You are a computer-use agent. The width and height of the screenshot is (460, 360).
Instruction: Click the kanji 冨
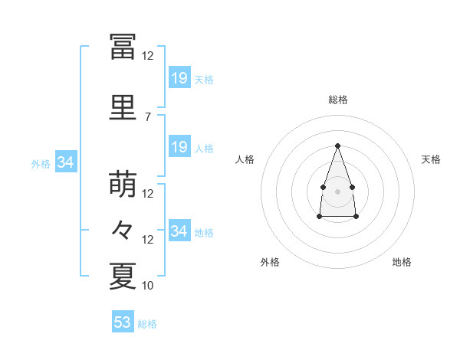pyautogui.click(x=123, y=47)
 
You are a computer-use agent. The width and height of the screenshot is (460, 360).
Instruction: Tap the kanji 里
pyautogui.click(x=123, y=107)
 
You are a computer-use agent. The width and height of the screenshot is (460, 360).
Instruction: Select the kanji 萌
pyautogui.click(x=123, y=184)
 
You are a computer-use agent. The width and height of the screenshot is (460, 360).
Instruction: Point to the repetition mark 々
pyautogui.click(x=122, y=230)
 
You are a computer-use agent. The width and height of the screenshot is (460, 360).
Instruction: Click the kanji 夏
pyautogui.click(x=123, y=277)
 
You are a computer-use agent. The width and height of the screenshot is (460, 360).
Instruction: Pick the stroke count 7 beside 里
pyautogui.click(x=148, y=117)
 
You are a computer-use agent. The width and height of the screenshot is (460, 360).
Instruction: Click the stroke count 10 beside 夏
pyautogui.click(x=147, y=285)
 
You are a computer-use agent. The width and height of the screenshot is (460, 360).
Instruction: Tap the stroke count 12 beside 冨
pyautogui.click(x=147, y=56)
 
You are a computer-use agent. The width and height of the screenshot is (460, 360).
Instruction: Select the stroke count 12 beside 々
pyautogui.click(x=147, y=240)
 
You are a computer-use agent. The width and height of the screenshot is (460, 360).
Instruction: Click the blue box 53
pyautogui.click(x=123, y=321)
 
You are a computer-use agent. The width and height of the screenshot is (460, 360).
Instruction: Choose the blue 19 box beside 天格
pyautogui.click(x=180, y=77)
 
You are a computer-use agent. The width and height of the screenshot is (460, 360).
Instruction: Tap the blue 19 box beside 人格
pyautogui.click(x=180, y=146)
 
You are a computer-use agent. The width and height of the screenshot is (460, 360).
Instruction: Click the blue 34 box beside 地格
pyautogui.click(x=180, y=230)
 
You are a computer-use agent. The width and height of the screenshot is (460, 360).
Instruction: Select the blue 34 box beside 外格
pyautogui.click(x=66, y=162)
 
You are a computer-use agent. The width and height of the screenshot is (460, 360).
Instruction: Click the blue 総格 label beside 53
pyautogui.click(x=147, y=324)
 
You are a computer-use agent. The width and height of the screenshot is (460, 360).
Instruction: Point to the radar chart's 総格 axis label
pyautogui.click(x=338, y=100)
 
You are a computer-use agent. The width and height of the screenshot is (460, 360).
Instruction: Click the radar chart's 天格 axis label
pyautogui.click(x=431, y=159)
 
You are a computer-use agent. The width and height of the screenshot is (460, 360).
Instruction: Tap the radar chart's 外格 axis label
pyautogui.click(x=270, y=262)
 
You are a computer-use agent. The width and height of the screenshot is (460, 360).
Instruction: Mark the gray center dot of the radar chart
pyautogui.click(x=337, y=191)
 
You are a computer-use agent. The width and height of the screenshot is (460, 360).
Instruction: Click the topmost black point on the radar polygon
pyautogui.click(x=337, y=146)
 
